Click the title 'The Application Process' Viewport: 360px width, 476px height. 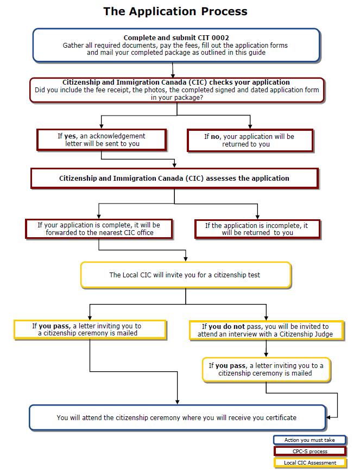click(175, 11)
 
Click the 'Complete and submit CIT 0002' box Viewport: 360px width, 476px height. click(176, 45)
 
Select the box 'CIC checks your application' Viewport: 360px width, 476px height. click(177, 90)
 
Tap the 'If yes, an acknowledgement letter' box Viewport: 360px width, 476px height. click(102, 140)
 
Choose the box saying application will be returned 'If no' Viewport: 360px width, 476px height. click(250, 141)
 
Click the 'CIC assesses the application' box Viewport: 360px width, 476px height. click(174, 178)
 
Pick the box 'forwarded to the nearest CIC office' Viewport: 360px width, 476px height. click(99, 229)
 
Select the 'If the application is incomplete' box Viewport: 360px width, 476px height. click(257, 229)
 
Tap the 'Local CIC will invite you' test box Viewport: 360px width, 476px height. click(185, 275)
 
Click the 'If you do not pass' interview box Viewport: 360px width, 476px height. click(266, 331)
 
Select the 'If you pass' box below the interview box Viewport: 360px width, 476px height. click(266, 370)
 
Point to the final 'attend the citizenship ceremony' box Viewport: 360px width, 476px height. click(177, 417)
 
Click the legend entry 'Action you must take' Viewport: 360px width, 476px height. click(310, 440)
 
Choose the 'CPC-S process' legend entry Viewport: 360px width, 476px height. click(310, 452)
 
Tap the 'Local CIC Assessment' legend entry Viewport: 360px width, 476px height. click(310, 463)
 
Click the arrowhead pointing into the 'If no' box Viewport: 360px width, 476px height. click(250, 126)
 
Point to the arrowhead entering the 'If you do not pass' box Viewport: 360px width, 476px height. click(266, 318)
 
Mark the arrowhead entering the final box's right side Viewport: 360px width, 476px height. click(330, 417)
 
